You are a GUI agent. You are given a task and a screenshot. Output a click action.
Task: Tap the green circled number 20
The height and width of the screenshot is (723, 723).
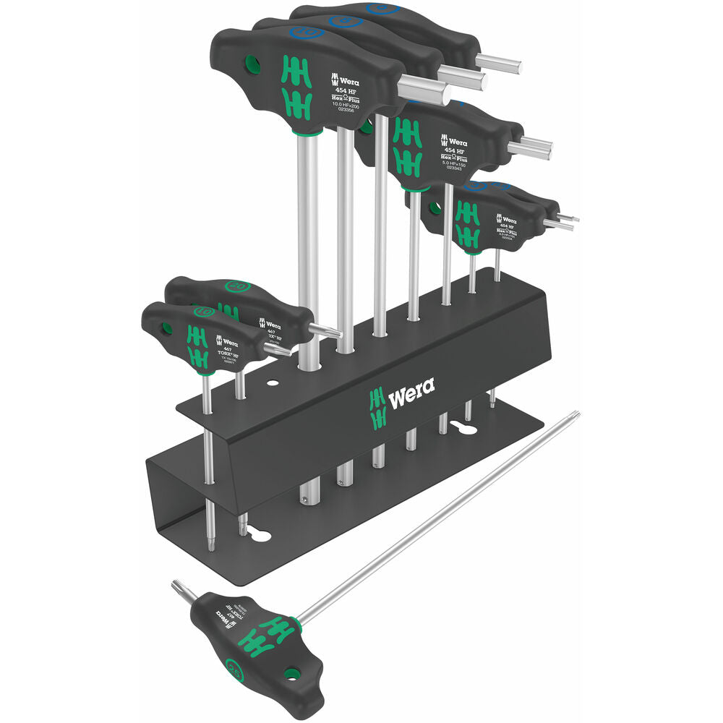pos(236,286)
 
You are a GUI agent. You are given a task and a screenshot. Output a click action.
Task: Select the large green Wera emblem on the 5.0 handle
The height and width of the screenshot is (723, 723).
pos(407,145)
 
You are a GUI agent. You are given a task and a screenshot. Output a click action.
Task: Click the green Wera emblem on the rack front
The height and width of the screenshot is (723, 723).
pos(377,408)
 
